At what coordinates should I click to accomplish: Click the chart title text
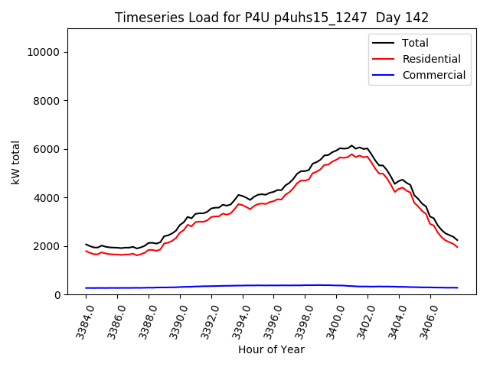click(x=272, y=18)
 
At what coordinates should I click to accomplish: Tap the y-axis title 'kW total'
click(x=15, y=162)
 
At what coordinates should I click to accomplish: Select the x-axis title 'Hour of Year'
click(x=271, y=349)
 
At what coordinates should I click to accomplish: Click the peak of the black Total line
click(x=352, y=145)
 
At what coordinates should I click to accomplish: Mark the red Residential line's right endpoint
click(x=457, y=247)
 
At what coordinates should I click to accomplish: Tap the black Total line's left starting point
click(x=86, y=244)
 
